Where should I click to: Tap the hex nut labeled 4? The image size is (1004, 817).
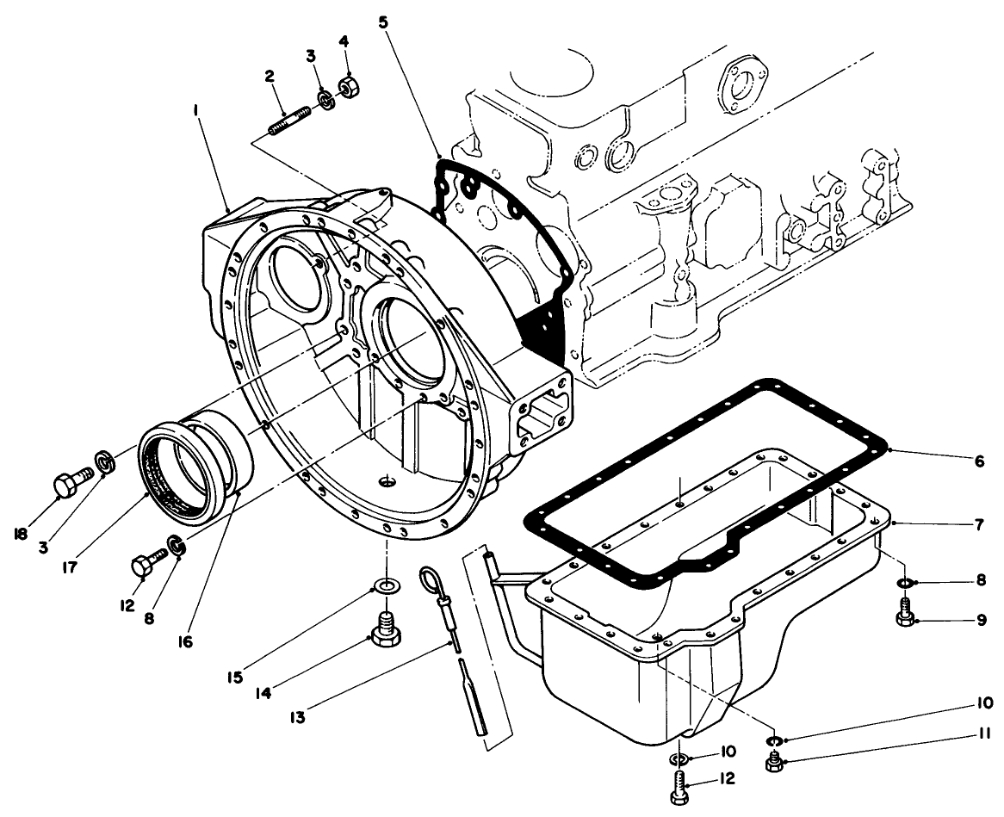349,88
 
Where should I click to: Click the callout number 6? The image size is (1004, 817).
979,461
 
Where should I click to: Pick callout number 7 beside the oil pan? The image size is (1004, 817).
979,524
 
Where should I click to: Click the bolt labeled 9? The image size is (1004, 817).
905,617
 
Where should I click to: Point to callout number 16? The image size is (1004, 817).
186,641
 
